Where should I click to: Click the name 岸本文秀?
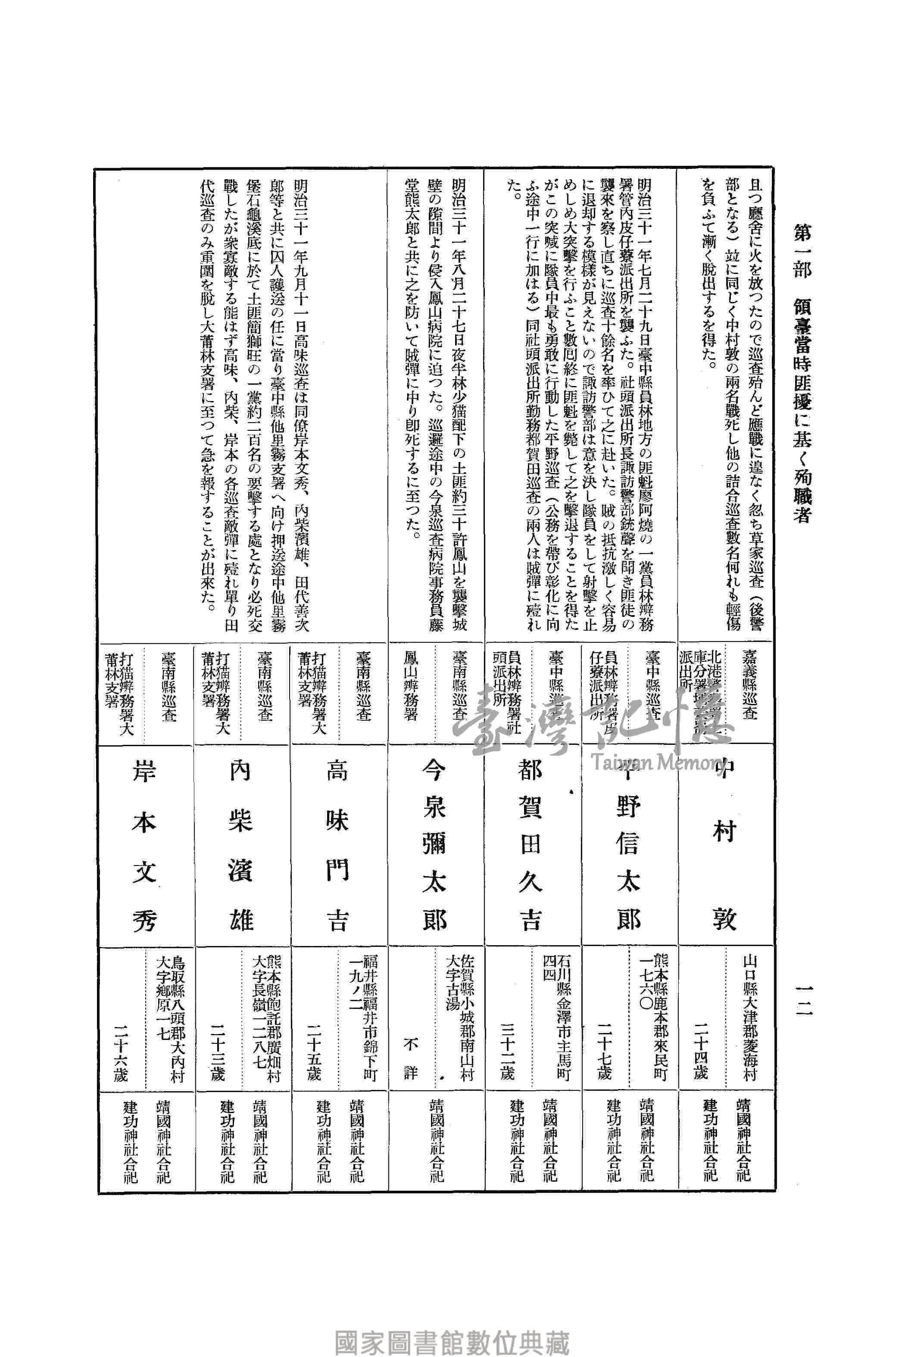[x=144, y=847]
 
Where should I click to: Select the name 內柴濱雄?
[x=241, y=847]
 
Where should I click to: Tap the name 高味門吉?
[x=337, y=847]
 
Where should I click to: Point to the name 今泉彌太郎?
[x=434, y=847]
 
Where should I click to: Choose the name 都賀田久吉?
[x=530, y=847]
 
